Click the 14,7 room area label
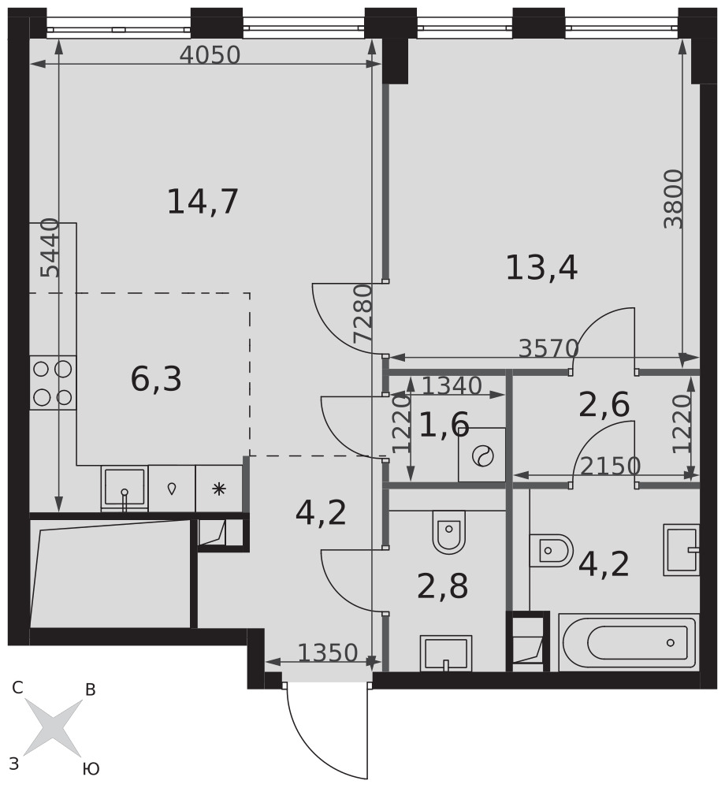point(203,202)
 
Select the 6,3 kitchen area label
point(156,379)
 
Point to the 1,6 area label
point(444,425)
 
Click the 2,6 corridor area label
point(604,404)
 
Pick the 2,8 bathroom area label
point(443,586)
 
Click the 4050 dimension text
point(210,55)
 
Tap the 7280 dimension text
point(362,313)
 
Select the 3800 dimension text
point(673,199)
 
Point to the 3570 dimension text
point(548,348)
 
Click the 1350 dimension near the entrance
point(328,652)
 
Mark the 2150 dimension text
point(610,466)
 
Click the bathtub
point(629,642)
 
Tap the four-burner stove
point(53,383)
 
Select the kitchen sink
point(125,489)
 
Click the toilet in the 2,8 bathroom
point(448,532)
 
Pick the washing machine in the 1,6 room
point(481,455)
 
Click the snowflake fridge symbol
point(218,489)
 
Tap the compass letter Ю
point(91,768)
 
